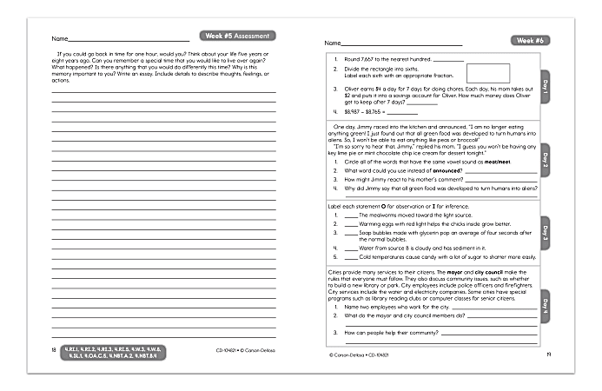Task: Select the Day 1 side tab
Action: point(545,87)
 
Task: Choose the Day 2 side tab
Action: point(545,159)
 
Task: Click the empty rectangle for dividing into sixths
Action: point(487,75)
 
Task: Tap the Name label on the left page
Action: point(59,39)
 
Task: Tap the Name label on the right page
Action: point(332,43)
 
